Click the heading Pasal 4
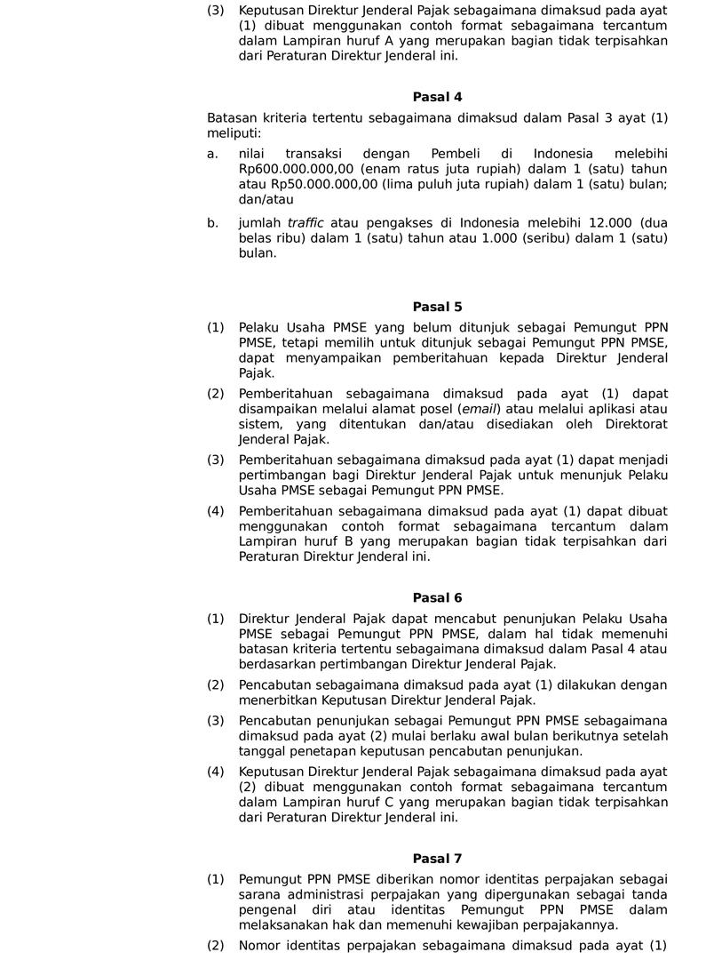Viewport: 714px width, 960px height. coord(437,97)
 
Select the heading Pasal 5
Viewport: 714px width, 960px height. coord(437,307)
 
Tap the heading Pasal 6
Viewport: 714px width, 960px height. coord(437,597)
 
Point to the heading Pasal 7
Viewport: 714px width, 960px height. coord(437,858)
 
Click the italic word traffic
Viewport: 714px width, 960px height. coord(305,222)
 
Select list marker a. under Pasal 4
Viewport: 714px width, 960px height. coord(212,154)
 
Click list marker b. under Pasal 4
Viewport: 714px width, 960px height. coord(212,222)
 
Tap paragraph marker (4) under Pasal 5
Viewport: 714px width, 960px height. coord(216,511)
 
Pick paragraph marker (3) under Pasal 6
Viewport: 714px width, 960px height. coord(216,720)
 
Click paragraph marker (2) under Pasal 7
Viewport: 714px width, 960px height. coord(216,945)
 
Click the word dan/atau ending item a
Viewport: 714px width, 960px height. coord(266,199)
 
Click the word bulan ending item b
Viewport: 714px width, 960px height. coord(257,252)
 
